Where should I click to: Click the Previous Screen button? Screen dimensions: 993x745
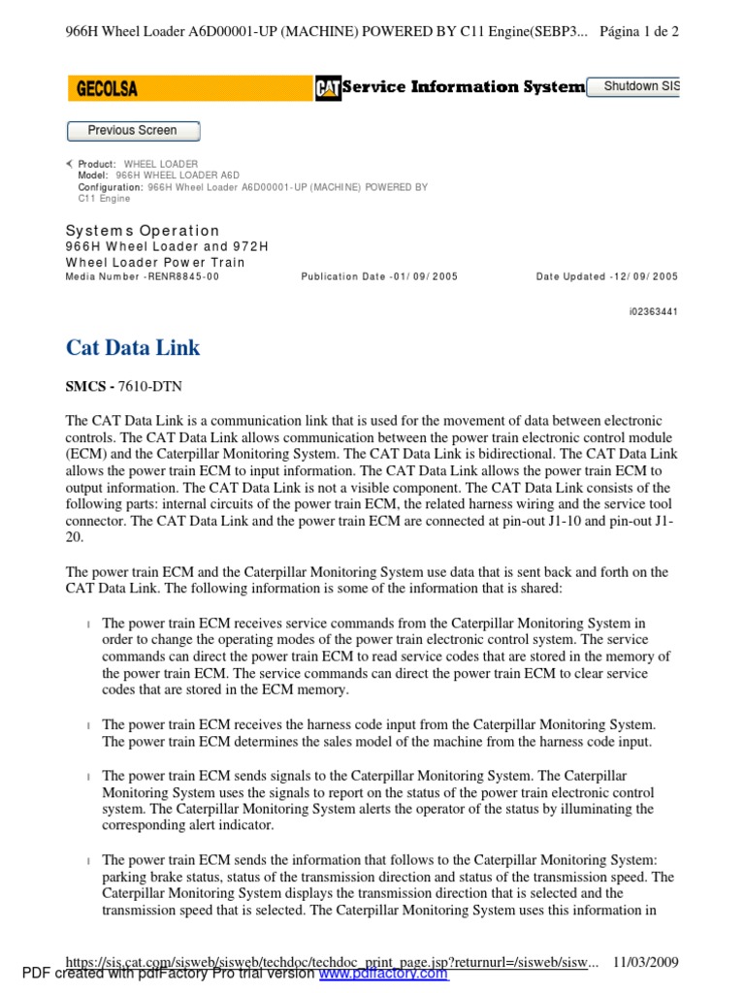[x=133, y=131]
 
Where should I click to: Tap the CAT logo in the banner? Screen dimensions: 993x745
[x=328, y=89]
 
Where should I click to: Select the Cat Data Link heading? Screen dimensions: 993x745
[x=133, y=347]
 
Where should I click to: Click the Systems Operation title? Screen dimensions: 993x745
[x=143, y=231]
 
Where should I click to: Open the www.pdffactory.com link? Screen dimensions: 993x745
[x=383, y=974]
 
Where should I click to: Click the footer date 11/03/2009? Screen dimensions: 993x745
[x=645, y=962]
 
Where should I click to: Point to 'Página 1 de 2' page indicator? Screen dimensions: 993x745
[x=639, y=31]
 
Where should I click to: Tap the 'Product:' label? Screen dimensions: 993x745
[x=97, y=164]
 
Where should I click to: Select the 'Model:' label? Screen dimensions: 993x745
[x=94, y=176]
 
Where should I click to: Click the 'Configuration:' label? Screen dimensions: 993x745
[x=111, y=187]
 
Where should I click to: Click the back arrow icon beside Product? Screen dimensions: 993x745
[x=70, y=164]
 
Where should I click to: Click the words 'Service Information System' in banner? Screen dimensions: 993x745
[x=465, y=88]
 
